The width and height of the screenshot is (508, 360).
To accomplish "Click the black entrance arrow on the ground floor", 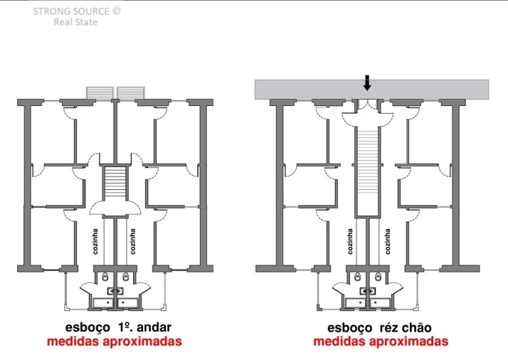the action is point(366,83).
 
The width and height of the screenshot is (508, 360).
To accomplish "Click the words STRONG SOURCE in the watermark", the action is point(71,11).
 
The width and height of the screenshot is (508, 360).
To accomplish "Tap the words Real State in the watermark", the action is point(75,22).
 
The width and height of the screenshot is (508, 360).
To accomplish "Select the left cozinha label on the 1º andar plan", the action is point(95,241).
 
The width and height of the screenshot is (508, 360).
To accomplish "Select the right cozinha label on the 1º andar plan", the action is point(132,241).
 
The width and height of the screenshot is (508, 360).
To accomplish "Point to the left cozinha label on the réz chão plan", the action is point(350,241).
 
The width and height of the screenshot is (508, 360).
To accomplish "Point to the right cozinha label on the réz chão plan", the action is point(388,241).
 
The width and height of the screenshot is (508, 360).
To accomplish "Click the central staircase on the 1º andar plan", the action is point(115,184).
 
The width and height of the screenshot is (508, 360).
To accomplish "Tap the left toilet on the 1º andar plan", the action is point(105,277).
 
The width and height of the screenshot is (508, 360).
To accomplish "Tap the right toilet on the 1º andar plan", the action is point(126,277).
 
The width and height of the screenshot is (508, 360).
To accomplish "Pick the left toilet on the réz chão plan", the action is point(357,277).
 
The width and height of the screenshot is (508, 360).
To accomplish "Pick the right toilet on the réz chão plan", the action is point(378,277).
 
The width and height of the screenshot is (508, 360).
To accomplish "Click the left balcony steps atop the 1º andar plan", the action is point(100,92).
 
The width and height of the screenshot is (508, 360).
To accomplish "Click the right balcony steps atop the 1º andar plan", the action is point(131,92).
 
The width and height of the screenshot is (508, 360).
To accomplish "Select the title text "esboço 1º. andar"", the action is point(118,327).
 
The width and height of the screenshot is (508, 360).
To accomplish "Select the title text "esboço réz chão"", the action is point(379,327).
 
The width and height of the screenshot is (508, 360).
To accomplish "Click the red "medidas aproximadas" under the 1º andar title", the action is point(115,342).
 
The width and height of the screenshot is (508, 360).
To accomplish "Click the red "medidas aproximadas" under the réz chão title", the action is point(381,342).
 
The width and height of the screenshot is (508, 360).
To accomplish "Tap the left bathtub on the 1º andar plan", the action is point(103,303).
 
